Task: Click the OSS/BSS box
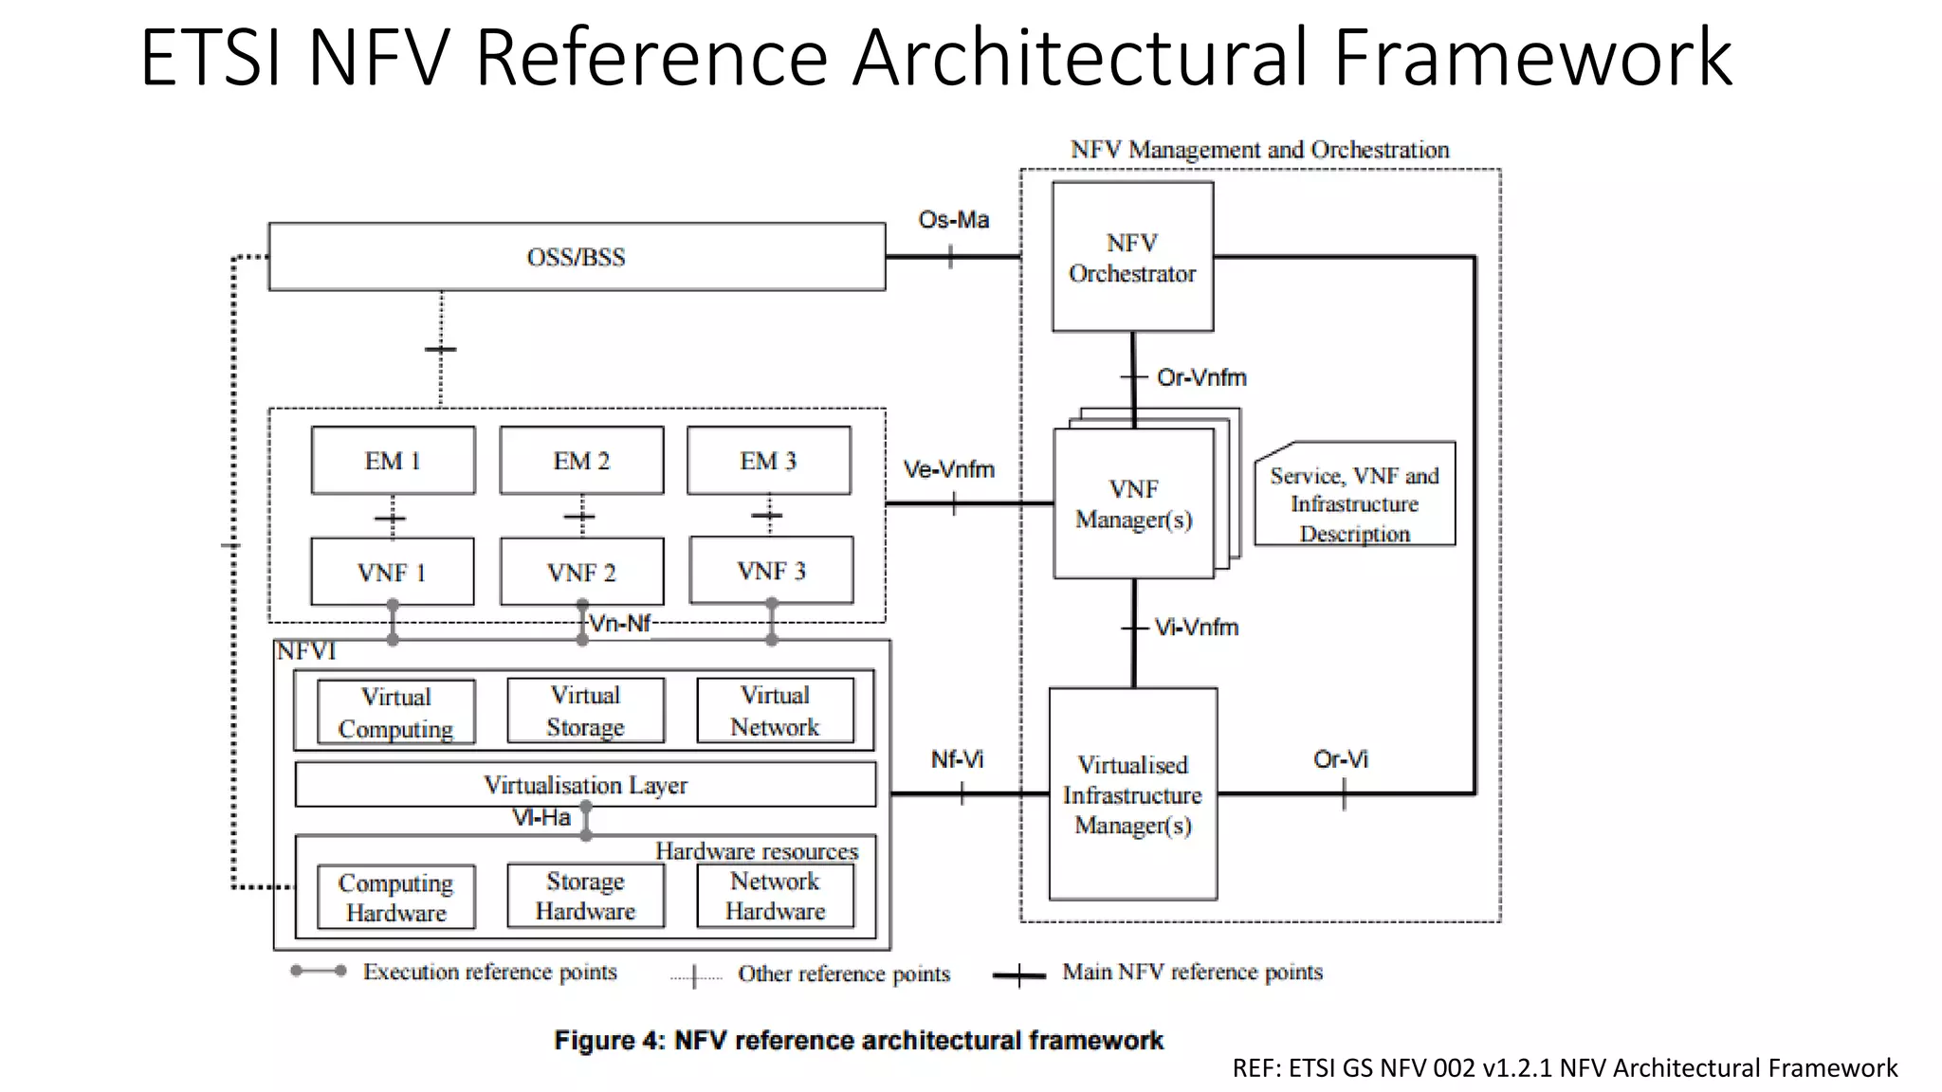pyautogui.click(x=577, y=257)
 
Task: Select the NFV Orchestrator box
pyautogui.click(x=1132, y=258)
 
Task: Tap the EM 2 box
pyautogui.click(x=581, y=461)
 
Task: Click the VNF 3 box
pyautogui.click(x=771, y=571)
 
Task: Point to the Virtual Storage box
pyautogui.click(x=585, y=711)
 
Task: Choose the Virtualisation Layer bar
pyautogui.click(x=585, y=785)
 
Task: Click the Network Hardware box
pyautogui.click(x=775, y=896)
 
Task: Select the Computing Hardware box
pyautogui.click(x=395, y=897)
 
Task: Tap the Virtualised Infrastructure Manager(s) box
pyautogui.click(x=1132, y=794)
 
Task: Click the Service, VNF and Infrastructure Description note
pyautogui.click(x=1354, y=503)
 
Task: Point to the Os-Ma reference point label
pyautogui.click(x=953, y=220)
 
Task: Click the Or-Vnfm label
pyautogui.click(x=1200, y=377)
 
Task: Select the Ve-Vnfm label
pyautogui.click(x=948, y=469)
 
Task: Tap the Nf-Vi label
pyautogui.click(x=957, y=759)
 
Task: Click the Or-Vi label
pyautogui.click(x=1340, y=759)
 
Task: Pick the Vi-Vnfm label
pyautogui.click(x=1196, y=628)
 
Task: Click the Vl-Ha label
pyautogui.click(x=541, y=817)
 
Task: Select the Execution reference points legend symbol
pyautogui.click(x=318, y=971)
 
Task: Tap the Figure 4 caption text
pyautogui.click(x=858, y=1040)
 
